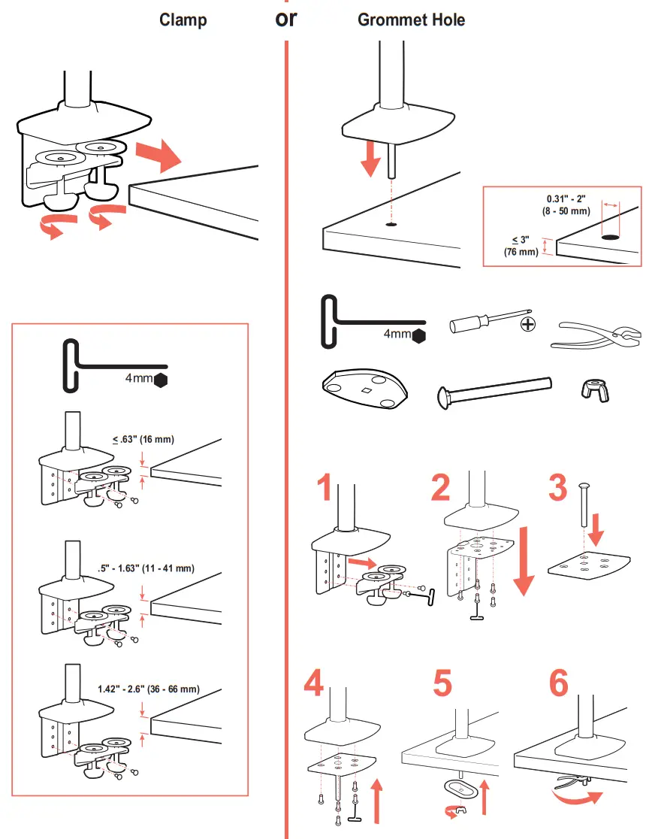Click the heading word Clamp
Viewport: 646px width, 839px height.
tap(183, 20)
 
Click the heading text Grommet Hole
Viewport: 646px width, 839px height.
tap(411, 20)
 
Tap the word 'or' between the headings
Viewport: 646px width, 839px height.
tap(286, 18)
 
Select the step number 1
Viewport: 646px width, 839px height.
tap(324, 489)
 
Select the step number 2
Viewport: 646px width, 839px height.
tap(441, 489)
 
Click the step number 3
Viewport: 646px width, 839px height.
tap(558, 489)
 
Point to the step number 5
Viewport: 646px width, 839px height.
tap(443, 683)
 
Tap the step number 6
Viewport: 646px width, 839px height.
tap(559, 683)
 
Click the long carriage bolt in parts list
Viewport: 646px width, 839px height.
tap(493, 391)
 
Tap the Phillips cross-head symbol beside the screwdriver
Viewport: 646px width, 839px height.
tap(529, 324)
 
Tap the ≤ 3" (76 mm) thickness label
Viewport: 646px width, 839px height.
tap(521, 246)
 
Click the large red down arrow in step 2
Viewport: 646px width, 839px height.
tap(524, 562)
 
